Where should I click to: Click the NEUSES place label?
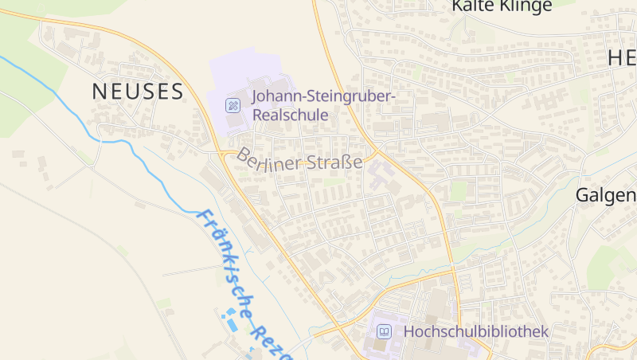pos(138,92)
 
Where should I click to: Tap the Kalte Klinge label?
pos(502,6)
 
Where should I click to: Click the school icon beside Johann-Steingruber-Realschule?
pos(233,104)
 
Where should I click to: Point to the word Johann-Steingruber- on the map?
pos(323,97)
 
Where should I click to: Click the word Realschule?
pos(290,115)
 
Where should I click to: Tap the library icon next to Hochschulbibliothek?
pos(385,331)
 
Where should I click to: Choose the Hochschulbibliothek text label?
pos(476,331)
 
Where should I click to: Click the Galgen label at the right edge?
pos(606,196)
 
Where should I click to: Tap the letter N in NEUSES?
pos(100,92)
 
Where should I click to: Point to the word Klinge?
pos(526,6)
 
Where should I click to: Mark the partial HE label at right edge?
pos(622,57)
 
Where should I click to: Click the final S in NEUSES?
pos(177,92)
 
